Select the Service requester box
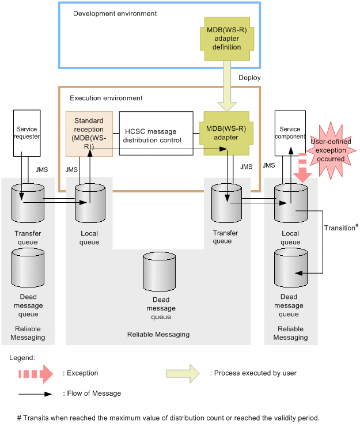point(26,133)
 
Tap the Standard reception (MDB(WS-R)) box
point(89,134)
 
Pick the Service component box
point(290,133)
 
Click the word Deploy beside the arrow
point(249,78)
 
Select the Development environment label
point(115,13)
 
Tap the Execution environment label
point(106,98)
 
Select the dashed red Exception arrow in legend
point(35,373)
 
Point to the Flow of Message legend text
point(93,393)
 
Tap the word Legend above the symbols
point(22,358)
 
